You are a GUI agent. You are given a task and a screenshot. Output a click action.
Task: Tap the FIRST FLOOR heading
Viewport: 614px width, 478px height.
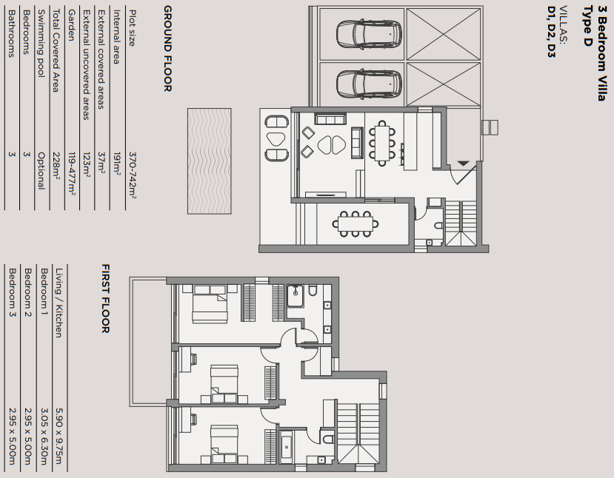coord(105,298)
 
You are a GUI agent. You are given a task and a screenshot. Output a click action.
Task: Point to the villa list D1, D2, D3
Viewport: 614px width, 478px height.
coord(551,32)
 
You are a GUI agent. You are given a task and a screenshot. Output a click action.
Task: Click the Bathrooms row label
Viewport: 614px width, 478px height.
coord(10,33)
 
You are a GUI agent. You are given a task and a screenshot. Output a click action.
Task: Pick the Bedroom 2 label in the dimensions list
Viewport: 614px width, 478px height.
coord(27,289)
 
